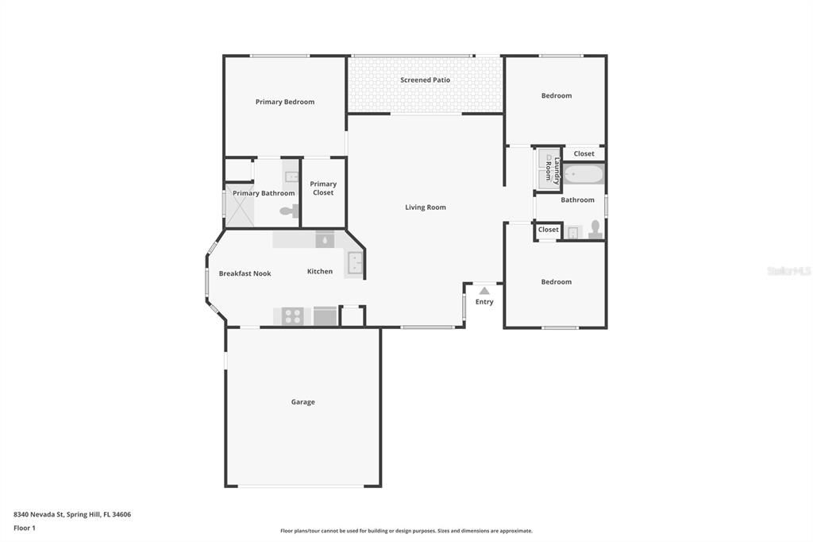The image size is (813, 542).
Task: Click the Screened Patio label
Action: click(425, 80)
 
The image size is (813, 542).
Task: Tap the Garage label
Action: click(302, 402)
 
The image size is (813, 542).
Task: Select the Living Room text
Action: click(426, 207)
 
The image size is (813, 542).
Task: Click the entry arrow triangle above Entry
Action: click(484, 291)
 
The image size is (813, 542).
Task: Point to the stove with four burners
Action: click(293, 316)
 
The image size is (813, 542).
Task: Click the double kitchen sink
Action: click(355, 262)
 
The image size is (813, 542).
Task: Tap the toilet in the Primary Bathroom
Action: click(289, 211)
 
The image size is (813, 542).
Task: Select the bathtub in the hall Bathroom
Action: click(584, 175)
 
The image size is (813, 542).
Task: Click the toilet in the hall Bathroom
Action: click(595, 230)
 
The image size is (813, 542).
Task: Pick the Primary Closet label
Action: click(323, 188)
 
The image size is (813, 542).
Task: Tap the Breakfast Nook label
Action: click(245, 273)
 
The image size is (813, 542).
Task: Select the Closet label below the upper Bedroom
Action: click(584, 154)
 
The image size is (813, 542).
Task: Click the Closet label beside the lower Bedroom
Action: click(548, 230)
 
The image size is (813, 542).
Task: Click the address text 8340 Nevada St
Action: click(72, 514)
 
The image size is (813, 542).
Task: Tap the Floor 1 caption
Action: click(25, 528)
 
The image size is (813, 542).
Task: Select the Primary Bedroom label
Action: click(284, 102)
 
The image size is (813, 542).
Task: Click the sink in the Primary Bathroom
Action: click(291, 177)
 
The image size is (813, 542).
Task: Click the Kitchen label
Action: click(320, 272)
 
